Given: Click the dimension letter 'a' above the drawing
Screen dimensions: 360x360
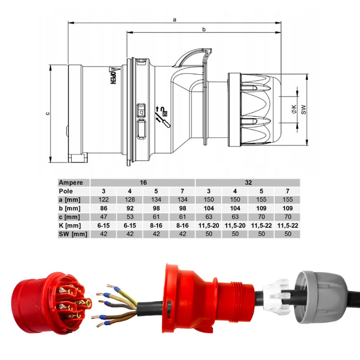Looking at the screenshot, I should coord(174,20).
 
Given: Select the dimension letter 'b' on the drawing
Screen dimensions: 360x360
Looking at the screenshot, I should coord(203,30).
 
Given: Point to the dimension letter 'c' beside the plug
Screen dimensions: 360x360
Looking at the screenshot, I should coord(47,113).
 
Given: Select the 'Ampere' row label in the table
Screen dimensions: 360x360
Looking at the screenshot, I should coord(71,183).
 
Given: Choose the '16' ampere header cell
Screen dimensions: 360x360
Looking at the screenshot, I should coord(143,183).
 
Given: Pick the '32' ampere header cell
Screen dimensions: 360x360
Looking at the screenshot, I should coord(248,183).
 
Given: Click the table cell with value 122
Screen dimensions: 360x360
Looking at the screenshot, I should coord(104,200).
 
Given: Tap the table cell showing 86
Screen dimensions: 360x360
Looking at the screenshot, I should coord(104,208).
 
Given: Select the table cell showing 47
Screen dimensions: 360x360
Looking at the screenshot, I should coord(104,217).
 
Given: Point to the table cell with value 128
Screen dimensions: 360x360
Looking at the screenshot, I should coord(130,200).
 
